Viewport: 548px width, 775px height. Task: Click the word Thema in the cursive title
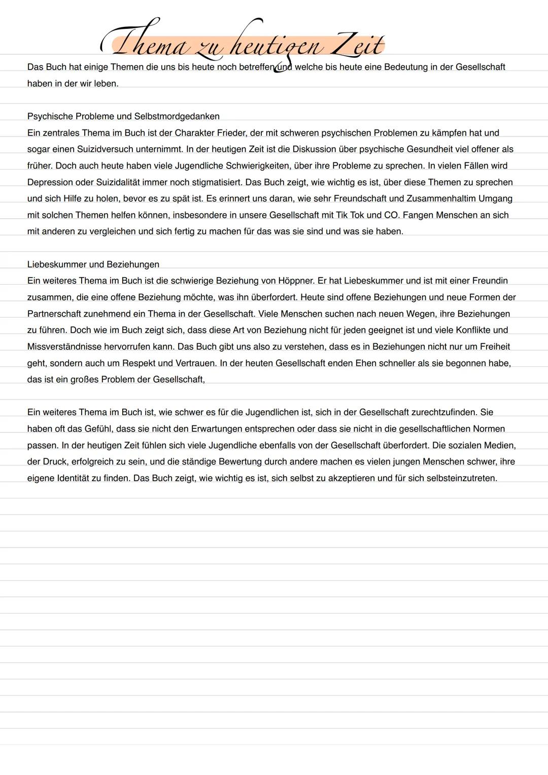(147, 46)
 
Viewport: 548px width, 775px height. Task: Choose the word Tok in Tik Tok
(359, 215)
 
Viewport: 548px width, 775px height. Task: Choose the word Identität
(73, 478)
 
